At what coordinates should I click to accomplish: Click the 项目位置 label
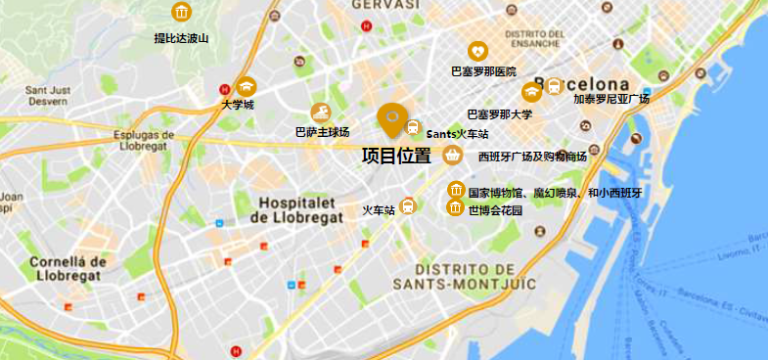click(396, 156)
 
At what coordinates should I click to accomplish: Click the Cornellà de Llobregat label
click(67, 268)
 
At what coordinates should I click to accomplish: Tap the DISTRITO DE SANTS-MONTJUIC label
click(464, 276)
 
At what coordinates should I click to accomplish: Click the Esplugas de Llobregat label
click(143, 142)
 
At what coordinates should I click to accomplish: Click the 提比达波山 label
click(182, 38)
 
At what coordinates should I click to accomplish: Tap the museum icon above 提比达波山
click(181, 12)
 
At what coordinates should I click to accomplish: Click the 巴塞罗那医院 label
click(482, 71)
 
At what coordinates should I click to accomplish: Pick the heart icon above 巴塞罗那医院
click(477, 50)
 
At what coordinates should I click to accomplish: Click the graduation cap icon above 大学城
click(244, 86)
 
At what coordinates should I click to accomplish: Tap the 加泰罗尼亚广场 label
click(611, 99)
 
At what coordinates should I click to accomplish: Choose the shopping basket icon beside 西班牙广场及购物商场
click(452, 155)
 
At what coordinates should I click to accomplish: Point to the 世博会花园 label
click(495, 210)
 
